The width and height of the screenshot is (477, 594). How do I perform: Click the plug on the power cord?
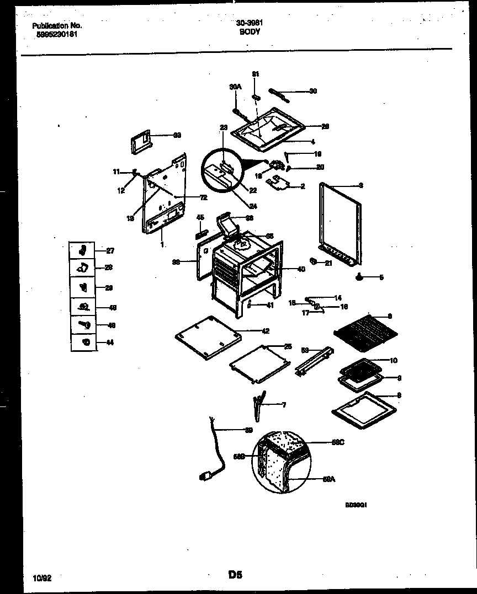click(206, 475)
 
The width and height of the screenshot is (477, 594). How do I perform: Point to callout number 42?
click(265, 331)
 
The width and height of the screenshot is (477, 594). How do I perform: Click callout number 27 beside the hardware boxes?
click(110, 251)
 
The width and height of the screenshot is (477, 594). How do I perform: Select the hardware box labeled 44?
click(84, 343)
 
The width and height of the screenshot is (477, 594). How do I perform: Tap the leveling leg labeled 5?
click(361, 277)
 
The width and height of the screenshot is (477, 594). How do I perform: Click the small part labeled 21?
click(313, 261)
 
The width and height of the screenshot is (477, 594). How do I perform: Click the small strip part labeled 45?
click(200, 229)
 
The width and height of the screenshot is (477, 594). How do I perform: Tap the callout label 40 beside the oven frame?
click(301, 269)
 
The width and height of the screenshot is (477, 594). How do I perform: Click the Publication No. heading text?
click(57, 25)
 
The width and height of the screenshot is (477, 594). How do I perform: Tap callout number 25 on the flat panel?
click(288, 346)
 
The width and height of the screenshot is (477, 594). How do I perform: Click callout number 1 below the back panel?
click(162, 243)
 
